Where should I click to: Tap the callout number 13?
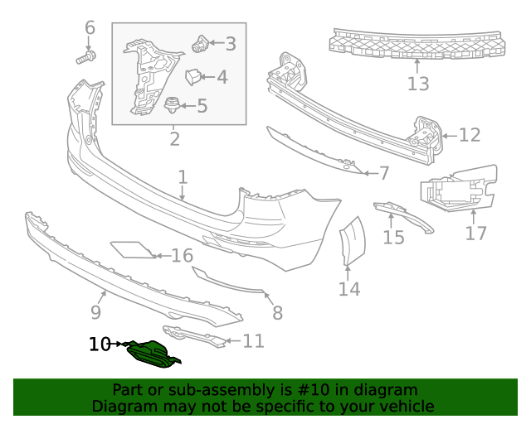tap(418, 84)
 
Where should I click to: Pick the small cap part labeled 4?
tap(192, 77)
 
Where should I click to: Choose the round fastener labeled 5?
tap(173, 105)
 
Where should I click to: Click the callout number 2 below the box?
tap(174, 138)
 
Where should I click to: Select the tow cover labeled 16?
tap(130, 248)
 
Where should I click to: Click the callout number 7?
tap(383, 173)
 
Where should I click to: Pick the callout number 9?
tap(95, 312)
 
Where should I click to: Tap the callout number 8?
tap(277, 312)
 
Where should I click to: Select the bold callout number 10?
tap(100, 344)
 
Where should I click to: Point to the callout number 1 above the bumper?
tap(183, 177)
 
